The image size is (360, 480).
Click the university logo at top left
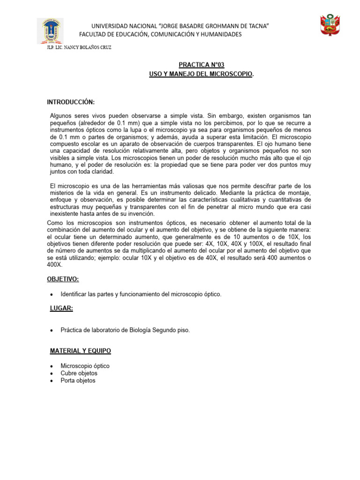coord(50,31)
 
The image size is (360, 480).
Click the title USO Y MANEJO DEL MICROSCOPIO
coord(200,75)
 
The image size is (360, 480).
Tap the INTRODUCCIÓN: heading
coord(70,102)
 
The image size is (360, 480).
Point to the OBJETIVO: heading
coord(63,279)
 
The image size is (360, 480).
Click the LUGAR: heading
coord(61,308)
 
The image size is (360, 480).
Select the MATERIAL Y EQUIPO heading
coord(81,351)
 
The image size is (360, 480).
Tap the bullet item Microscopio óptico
coord(85,366)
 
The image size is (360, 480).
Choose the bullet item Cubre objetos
coord(79,373)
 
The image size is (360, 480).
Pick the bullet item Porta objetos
coord(78,381)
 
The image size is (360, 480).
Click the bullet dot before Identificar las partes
coord(51,294)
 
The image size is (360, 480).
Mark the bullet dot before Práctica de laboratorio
coord(51,330)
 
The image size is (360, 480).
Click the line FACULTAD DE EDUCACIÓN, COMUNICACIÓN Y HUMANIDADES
coord(161,35)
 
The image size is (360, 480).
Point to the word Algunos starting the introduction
coord(61,115)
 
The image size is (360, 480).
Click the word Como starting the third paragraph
coord(55,223)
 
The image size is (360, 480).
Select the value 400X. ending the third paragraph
coord(54,265)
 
